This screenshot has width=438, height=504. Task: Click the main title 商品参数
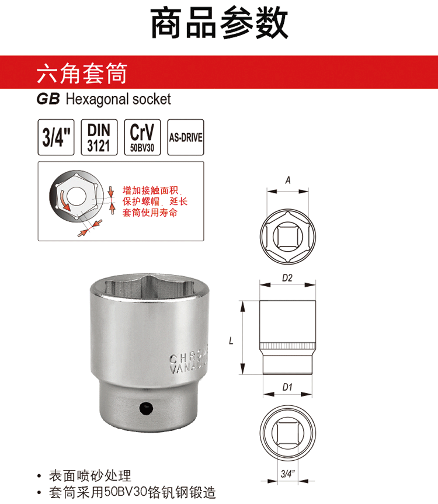click(x=219, y=23)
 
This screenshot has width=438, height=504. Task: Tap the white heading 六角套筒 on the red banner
click(x=82, y=74)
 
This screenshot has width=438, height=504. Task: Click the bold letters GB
click(x=48, y=99)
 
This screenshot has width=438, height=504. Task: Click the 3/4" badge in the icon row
click(x=56, y=137)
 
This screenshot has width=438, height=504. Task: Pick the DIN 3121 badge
click(x=99, y=137)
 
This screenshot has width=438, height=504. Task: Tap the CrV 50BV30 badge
click(x=142, y=137)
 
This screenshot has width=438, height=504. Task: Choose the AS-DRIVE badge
click(x=186, y=137)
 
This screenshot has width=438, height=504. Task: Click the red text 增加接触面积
click(x=151, y=190)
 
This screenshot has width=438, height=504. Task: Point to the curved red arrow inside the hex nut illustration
click(x=64, y=201)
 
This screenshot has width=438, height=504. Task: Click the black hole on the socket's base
click(x=146, y=408)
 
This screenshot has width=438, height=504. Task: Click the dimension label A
click(x=288, y=180)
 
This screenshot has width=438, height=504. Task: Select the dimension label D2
click(x=287, y=278)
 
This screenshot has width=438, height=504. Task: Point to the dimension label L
click(x=231, y=340)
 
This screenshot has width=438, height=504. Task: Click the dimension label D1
click(x=287, y=387)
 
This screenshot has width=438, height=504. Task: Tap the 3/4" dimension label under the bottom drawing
click(x=287, y=474)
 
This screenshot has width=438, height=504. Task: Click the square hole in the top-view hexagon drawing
click(x=287, y=237)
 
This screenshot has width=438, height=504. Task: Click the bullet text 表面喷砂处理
click(x=90, y=476)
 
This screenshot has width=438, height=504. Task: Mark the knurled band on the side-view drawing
click(x=287, y=346)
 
